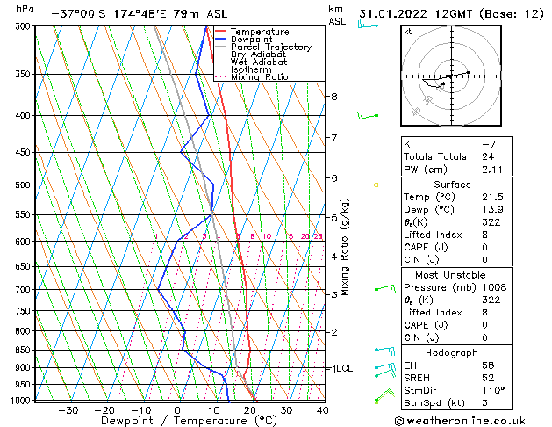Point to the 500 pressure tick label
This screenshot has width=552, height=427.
pos(24,185)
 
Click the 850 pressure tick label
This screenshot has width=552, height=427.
pos(24,350)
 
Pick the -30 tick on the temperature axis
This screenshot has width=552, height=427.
pos(68,409)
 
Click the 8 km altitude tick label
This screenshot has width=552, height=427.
pos(333,96)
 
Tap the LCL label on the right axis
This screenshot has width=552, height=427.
pos(343,368)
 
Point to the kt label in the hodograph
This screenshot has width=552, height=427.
pos(408,32)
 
